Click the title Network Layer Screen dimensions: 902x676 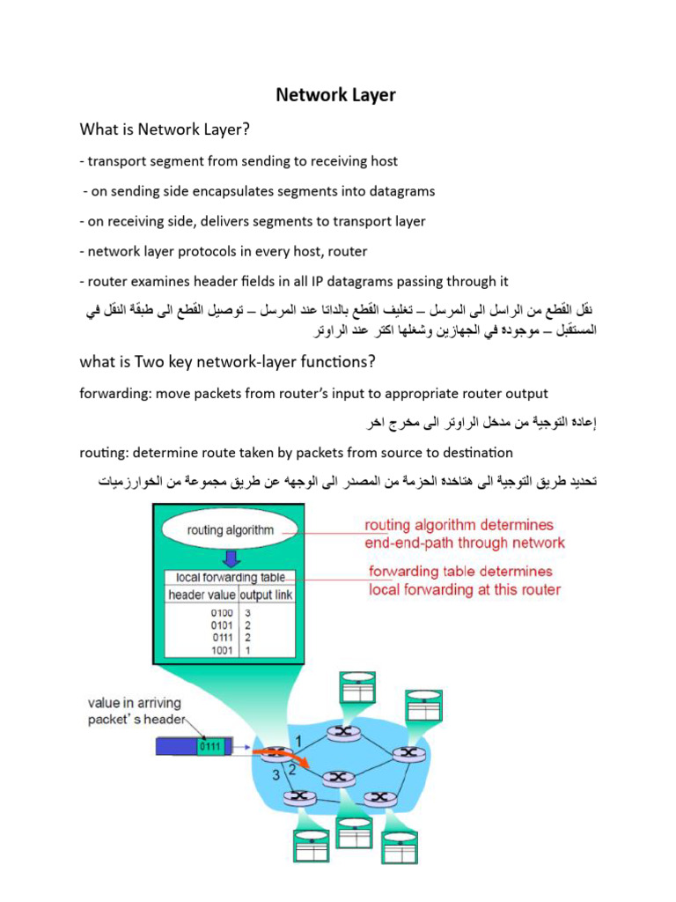coord(335,94)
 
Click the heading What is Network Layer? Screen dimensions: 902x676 coord(165,129)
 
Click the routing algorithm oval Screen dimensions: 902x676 coord(230,530)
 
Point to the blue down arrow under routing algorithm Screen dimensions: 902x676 coord(230,559)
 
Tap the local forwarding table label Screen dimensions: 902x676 coord(229,578)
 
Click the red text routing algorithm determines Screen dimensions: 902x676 coord(459,525)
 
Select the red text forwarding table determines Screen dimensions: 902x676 coord(460,572)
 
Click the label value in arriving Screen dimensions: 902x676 coord(135,703)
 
